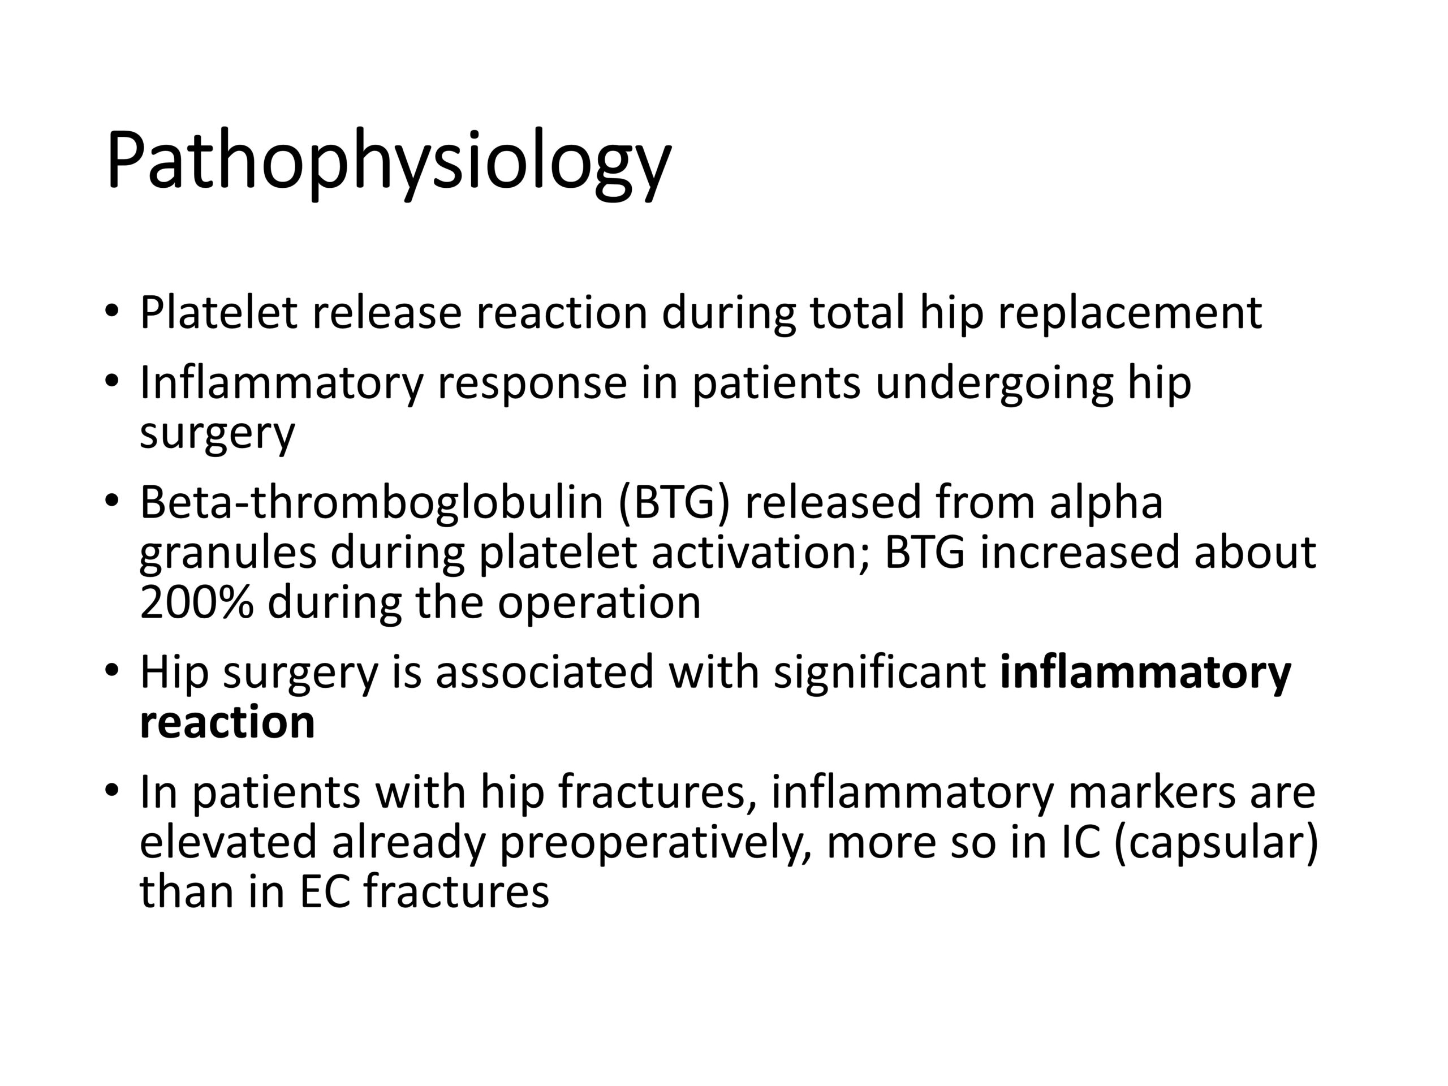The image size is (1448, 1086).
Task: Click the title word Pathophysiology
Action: [389, 163]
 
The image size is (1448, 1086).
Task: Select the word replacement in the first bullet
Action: [1130, 314]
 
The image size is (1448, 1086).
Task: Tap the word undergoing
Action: [994, 385]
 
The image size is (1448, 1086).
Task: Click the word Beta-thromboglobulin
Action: [371, 503]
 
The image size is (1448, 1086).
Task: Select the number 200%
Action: [196, 602]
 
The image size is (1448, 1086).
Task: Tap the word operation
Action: [599, 605]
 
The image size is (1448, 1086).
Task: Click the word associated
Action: [545, 673]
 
